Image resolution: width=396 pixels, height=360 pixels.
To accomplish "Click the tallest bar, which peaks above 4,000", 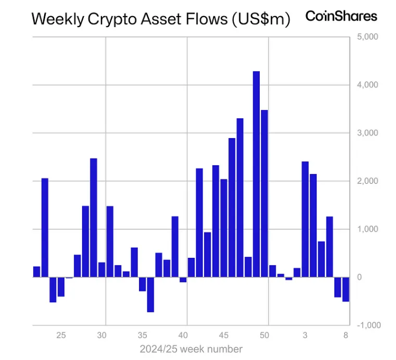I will tap(256, 174).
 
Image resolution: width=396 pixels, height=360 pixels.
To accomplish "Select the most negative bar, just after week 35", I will tap(150, 294).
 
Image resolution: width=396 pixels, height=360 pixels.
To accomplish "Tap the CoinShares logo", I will tap(341, 16).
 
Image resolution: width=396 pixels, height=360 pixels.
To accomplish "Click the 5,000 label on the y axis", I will tap(367, 37).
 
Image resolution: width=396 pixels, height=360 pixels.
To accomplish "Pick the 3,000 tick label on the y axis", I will tap(367, 133).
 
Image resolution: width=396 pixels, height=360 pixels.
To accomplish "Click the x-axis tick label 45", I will tap(223, 335).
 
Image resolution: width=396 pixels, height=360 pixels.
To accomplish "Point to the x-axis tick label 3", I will tap(305, 335).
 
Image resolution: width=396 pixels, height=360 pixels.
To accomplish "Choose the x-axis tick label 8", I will tap(346, 335).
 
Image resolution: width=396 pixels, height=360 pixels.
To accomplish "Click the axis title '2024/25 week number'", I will tap(191, 349).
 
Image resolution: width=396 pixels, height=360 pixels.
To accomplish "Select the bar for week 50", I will tap(264, 193).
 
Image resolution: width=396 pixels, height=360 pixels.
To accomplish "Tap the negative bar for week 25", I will tap(61, 287).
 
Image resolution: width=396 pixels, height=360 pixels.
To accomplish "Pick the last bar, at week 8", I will tap(346, 289).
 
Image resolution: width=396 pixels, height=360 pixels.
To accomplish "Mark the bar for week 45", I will tap(223, 228).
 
